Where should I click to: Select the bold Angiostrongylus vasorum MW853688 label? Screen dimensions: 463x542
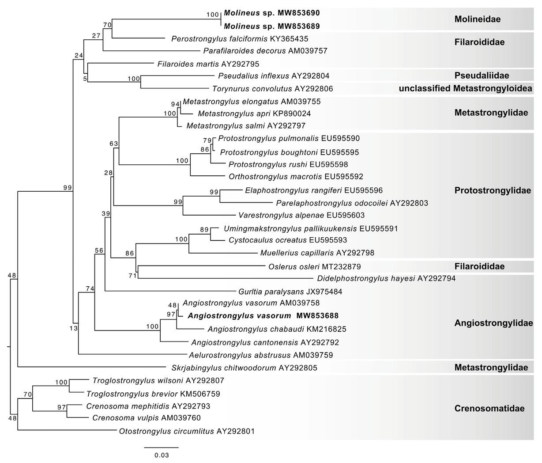click(263, 316)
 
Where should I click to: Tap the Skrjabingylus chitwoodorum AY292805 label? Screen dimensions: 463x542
click(244, 368)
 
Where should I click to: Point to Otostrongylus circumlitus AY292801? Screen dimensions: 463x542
click(187, 431)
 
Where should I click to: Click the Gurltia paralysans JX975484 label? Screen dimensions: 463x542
click(290, 292)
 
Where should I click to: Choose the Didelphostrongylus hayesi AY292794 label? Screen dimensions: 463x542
click(386, 278)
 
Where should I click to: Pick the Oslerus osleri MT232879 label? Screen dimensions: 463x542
click(314, 266)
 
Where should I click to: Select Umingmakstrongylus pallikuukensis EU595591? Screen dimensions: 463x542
click(311, 229)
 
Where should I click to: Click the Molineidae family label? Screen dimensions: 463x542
click(477, 19)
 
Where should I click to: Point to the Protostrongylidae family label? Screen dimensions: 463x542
click(493, 190)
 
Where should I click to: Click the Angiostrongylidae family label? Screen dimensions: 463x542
click(493, 323)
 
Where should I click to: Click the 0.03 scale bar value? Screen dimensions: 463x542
click(162, 455)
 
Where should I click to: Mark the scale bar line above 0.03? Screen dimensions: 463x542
click(162, 447)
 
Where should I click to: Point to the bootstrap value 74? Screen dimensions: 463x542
click(90, 288)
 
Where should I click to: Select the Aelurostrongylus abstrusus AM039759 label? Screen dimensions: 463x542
click(260, 355)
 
